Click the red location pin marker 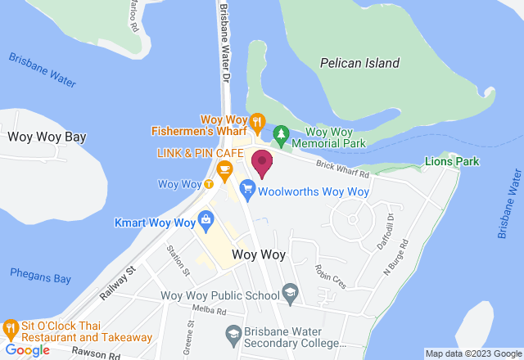262,163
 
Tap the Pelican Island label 359,63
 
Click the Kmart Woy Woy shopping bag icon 206,218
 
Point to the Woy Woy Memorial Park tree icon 280,133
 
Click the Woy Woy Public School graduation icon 290,290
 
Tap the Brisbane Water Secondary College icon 233,332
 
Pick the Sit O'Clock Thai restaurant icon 10,326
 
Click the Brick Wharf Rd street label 343,169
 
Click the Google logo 28,350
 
